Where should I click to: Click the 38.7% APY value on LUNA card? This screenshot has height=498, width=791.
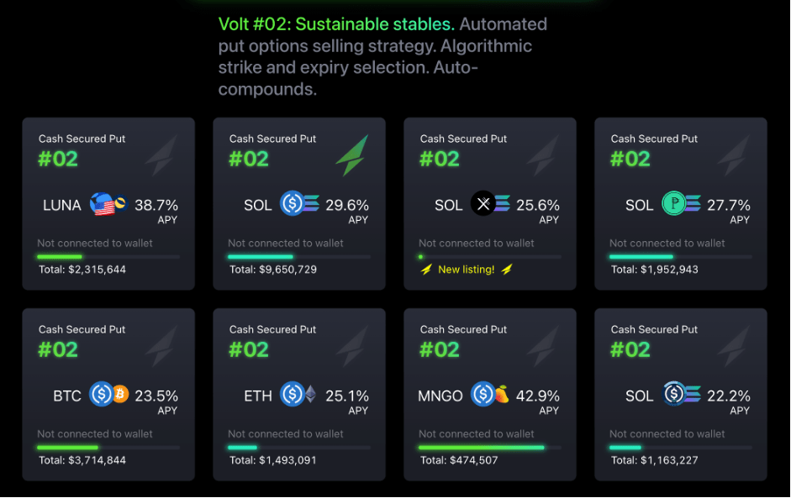click(x=156, y=205)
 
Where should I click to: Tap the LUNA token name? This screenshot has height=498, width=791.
click(x=62, y=205)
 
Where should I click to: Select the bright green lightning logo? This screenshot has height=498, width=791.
click(x=352, y=155)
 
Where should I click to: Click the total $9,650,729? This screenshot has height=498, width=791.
click(x=273, y=270)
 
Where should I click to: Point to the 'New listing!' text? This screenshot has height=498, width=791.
click(x=467, y=270)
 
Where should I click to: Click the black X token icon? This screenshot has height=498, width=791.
click(x=483, y=204)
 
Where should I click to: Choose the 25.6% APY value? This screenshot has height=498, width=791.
click(x=538, y=205)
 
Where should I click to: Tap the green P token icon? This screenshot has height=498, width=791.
click(x=673, y=204)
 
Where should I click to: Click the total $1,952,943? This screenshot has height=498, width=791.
click(x=655, y=270)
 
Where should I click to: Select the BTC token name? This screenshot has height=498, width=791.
click(x=67, y=396)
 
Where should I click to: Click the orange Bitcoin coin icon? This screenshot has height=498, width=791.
click(x=119, y=394)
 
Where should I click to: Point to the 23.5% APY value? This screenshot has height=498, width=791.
click(x=156, y=396)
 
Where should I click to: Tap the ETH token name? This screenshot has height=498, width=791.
click(x=258, y=396)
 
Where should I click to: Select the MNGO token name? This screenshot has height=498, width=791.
click(x=440, y=396)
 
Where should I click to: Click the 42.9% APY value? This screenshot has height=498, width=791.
click(x=538, y=396)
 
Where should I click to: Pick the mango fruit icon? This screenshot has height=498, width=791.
click(x=501, y=394)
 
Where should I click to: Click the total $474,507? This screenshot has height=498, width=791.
click(x=459, y=460)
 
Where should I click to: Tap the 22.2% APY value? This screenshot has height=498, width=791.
click(x=729, y=396)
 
